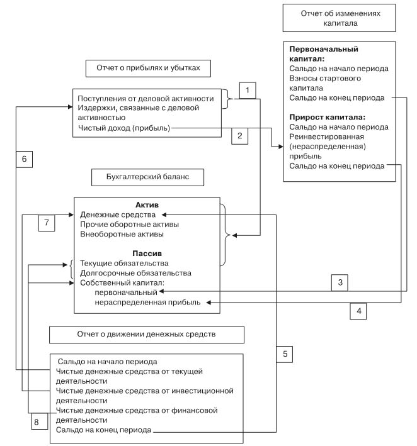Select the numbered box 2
[x=239, y=135]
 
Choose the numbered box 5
[x=285, y=354]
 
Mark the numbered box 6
[x=24, y=159]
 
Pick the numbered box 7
[x=46, y=222]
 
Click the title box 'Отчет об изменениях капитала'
[x=340, y=18]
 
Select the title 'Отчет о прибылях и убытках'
[x=148, y=68]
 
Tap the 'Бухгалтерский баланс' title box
[x=148, y=178]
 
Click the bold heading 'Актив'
[x=147, y=205]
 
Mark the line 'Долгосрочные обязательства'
[x=135, y=273]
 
